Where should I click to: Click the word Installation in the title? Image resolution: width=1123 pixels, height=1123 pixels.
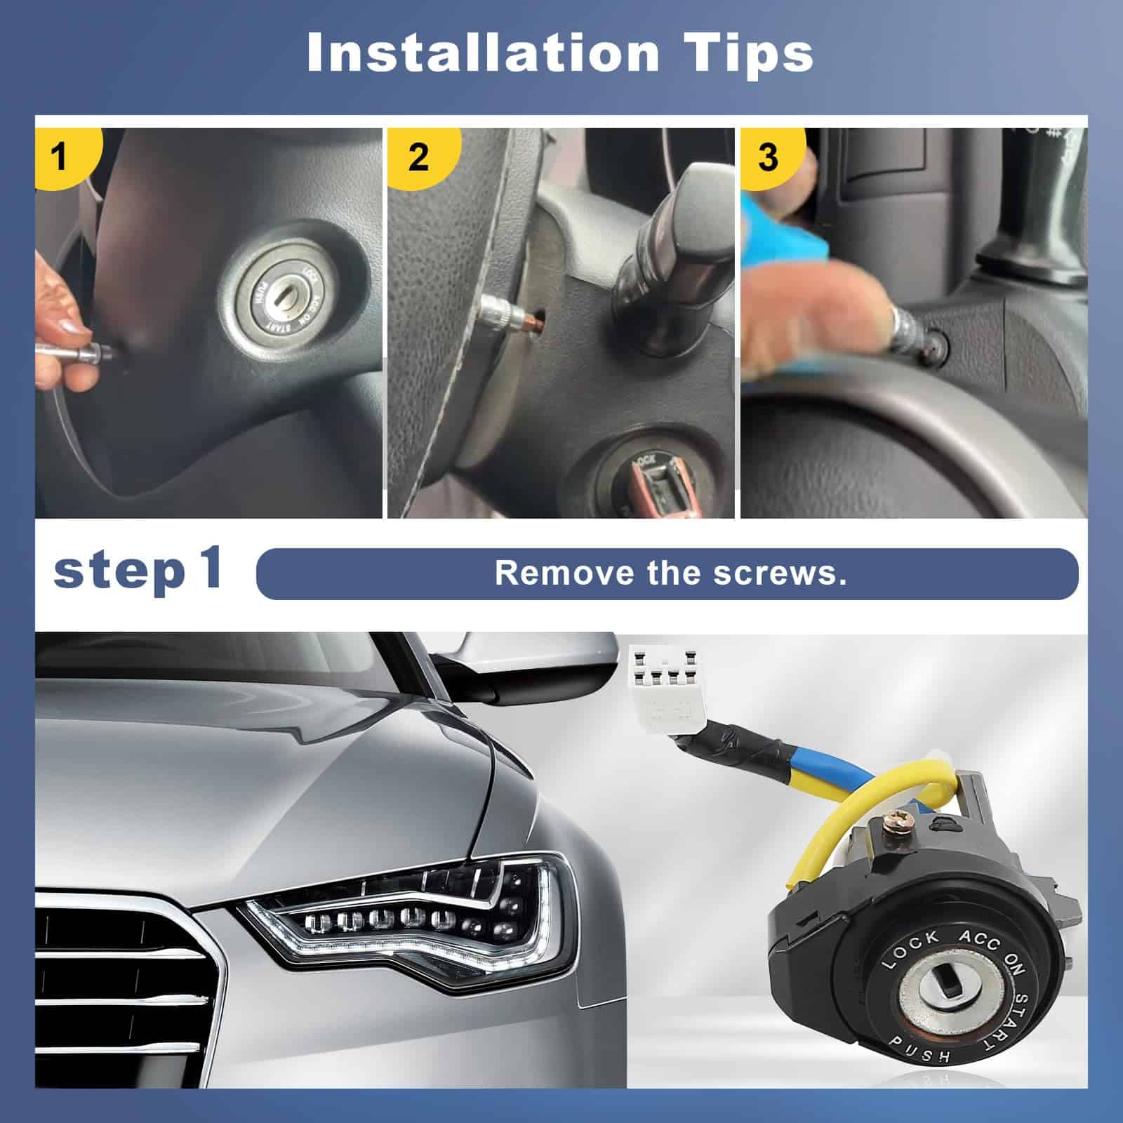click(x=483, y=52)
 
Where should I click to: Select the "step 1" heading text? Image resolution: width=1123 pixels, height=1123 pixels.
click(x=138, y=570)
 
